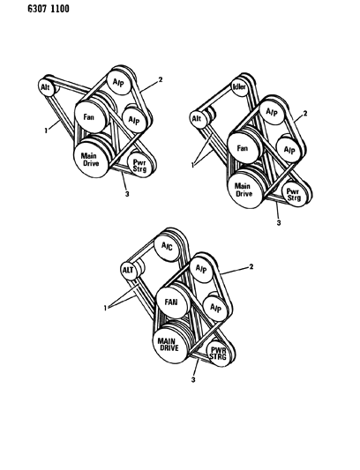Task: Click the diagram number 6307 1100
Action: tap(49, 9)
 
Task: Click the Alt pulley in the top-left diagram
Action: tap(46, 87)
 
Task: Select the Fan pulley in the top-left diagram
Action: tap(90, 117)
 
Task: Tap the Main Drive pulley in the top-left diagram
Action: tap(91, 160)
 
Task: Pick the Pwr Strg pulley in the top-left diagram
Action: tap(139, 166)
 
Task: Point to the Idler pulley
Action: tap(240, 87)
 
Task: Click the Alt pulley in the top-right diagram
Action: tap(197, 119)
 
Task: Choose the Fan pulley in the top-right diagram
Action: tap(243, 148)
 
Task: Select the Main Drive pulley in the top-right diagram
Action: tap(244, 190)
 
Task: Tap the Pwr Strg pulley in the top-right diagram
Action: tap(294, 195)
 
